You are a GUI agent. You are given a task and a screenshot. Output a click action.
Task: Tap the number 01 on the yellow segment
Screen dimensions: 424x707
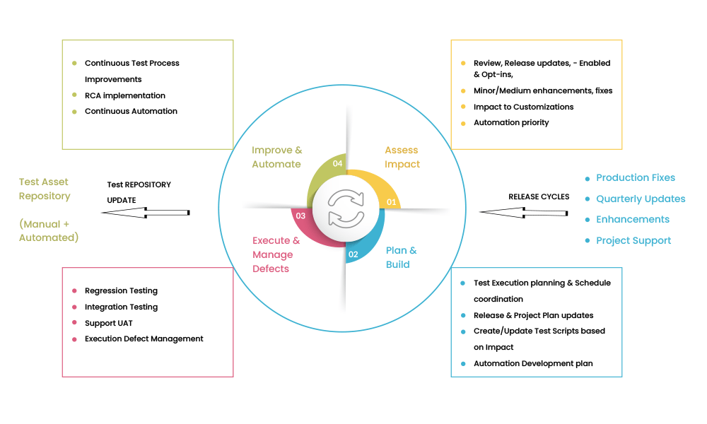coord(390,201)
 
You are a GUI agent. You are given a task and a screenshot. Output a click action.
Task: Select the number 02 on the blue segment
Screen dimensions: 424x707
coord(353,254)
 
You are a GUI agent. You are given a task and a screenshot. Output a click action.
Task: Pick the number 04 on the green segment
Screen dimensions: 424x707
coord(337,163)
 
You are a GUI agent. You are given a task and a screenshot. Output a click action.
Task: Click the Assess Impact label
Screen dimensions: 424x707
coord(402,157)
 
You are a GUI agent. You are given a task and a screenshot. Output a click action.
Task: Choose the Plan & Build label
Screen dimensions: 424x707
coord(401,257)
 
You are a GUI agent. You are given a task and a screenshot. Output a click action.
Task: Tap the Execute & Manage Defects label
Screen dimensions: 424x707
coord(276,254)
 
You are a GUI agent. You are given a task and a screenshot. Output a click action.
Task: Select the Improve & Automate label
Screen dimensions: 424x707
coord(276,157)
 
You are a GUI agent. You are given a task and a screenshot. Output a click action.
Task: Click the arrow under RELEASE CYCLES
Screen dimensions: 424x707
coord(523,211)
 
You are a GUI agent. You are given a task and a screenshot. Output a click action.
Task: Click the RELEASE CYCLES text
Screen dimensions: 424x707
coord(539,196)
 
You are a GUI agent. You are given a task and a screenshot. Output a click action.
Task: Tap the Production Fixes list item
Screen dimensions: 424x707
coord(635,178)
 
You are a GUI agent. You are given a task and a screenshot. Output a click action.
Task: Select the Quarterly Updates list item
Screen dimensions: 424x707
coord(641,199)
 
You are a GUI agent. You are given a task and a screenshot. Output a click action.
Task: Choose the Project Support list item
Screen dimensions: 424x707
coord(633,240)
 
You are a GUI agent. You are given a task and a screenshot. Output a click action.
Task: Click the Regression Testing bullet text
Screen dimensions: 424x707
coord(121,290)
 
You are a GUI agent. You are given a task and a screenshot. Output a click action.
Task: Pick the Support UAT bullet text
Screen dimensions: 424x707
coord(109,323)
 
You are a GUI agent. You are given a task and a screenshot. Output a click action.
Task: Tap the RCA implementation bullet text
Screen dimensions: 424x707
coord(124,95)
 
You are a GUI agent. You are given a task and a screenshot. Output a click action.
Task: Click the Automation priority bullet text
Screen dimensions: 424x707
coord(511,122)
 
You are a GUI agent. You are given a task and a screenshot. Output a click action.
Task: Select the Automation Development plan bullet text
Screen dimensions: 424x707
coord(533,363)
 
